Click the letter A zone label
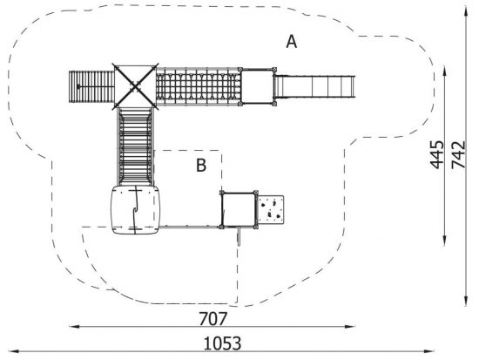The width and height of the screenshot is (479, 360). (x=292, y=42)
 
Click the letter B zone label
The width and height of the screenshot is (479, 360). (x=201, y=166)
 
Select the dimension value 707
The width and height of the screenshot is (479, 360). (x=213, y=319)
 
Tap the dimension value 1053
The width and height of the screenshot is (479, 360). (x=222, y=343)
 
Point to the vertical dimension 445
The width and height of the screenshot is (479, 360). (x=437, y=155)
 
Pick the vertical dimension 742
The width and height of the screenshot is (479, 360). (x=458, y=155)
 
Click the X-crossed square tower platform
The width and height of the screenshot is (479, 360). (x=135, y=86)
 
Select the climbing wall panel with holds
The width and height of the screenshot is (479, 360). (x=271, y=210)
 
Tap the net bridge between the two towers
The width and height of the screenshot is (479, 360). (x=199, y=86)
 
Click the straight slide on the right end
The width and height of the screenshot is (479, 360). (x=315, y=86)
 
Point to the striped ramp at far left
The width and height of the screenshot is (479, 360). (x=91, y=87)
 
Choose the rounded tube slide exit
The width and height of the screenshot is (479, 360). (x=135, y=210)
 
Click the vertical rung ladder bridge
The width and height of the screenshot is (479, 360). (x=135, y=146)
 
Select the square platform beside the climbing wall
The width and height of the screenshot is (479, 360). (x=239, y=210)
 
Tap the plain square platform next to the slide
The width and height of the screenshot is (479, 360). (x=257, y=86)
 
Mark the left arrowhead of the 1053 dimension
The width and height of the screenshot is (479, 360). (x=11, y=351)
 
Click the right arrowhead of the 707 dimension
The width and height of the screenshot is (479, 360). (x=351, y=326)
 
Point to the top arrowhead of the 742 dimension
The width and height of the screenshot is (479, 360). (x=466, y=12)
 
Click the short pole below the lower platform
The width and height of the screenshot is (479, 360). (x=239, y=236)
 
